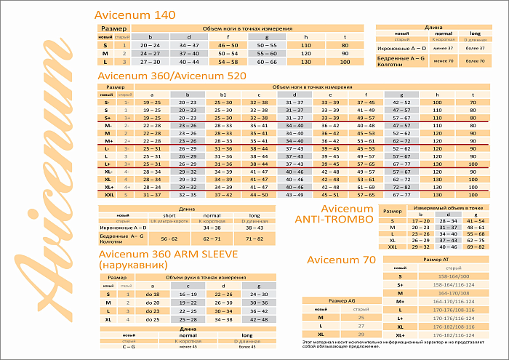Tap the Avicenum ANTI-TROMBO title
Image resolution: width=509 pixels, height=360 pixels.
point(334,214)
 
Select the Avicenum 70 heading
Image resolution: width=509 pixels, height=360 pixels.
point(341,259)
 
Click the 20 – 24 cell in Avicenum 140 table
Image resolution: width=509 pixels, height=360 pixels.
point(151,45)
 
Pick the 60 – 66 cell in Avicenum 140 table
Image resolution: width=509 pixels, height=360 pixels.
point(267,62)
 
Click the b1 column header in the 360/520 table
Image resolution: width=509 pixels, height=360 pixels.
point(223,95)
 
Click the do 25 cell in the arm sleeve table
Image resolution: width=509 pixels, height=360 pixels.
point(153,319)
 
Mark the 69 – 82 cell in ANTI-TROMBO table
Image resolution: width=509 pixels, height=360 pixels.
point(473,247)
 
